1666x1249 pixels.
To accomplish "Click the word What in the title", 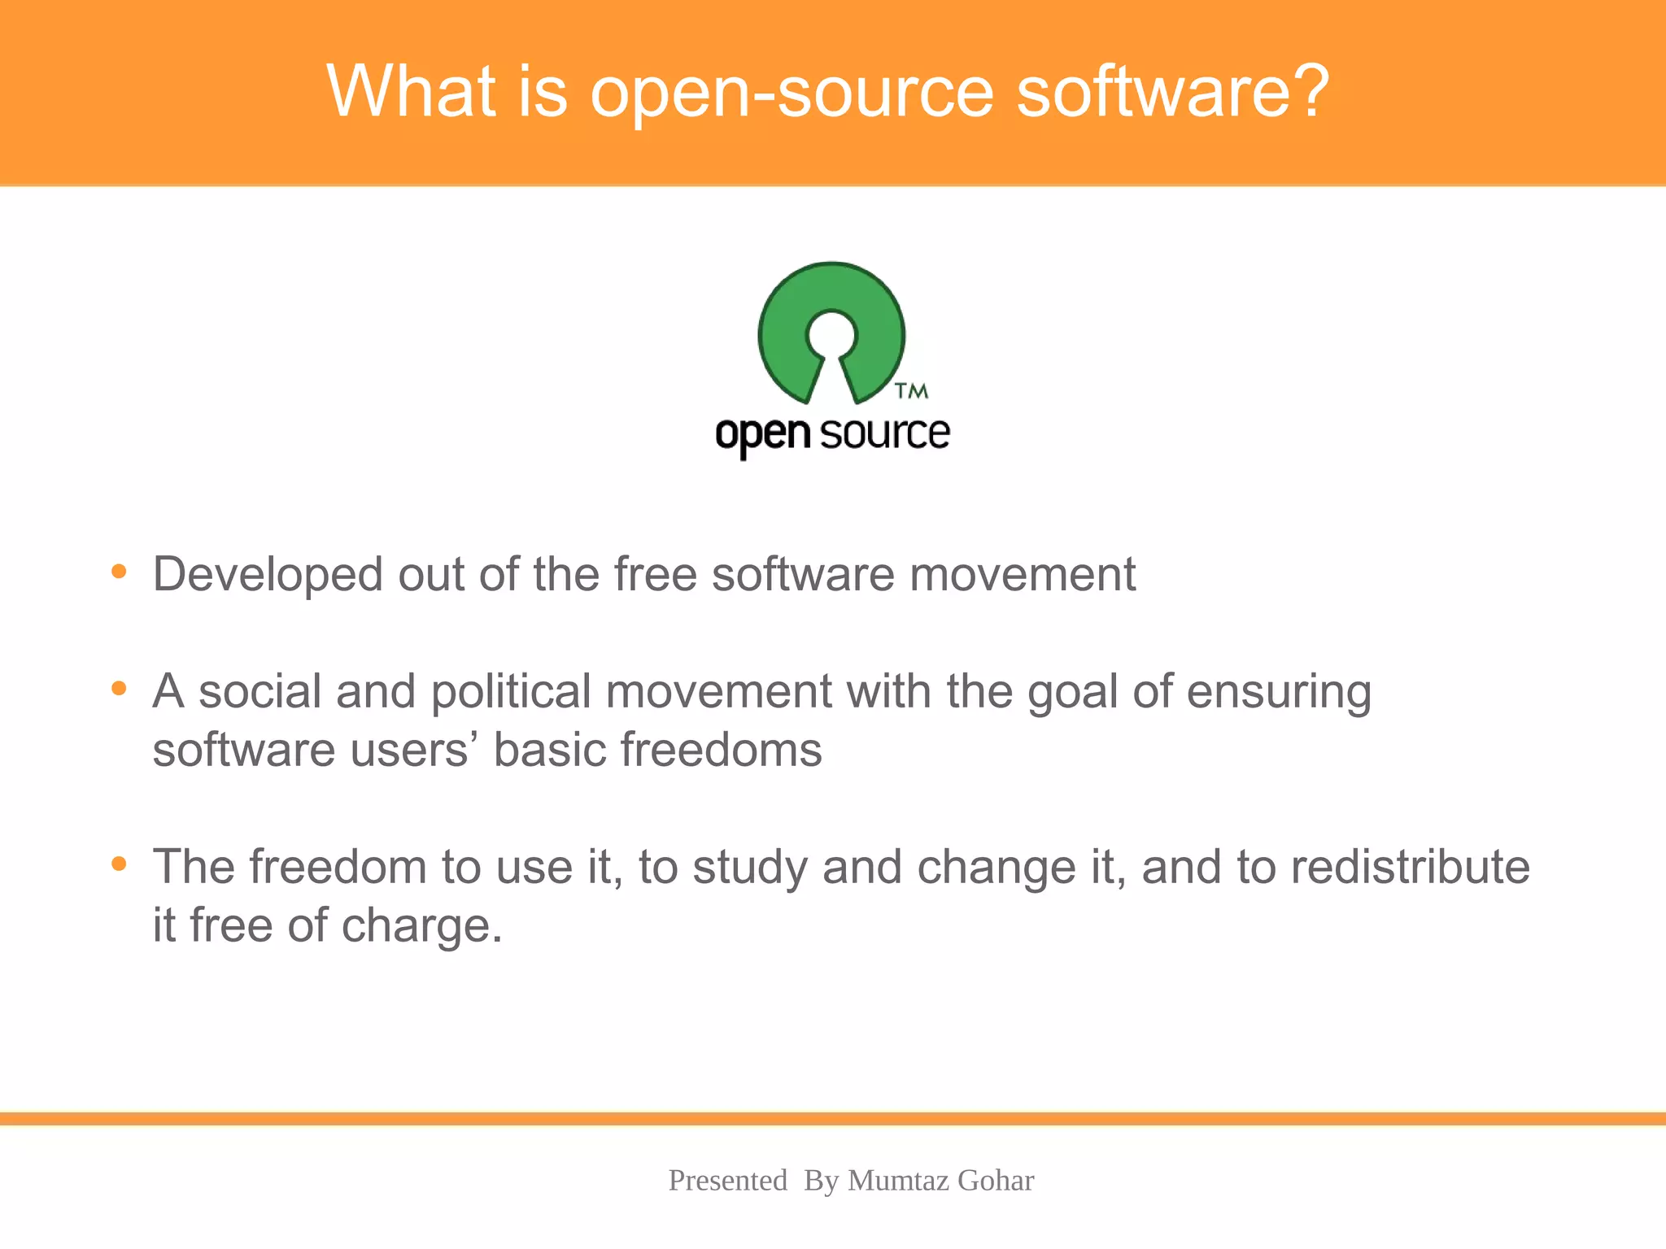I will click(x=411, y=91).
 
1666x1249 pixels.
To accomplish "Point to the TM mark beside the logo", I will click(x=911, y=391).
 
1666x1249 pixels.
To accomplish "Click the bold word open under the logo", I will click(x=762, y=434).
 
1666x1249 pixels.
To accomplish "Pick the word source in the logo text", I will click(x=884, y=433).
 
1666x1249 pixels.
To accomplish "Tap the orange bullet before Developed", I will click(x=119, y=572).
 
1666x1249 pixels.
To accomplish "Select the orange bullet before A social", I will click(x=119, y=689).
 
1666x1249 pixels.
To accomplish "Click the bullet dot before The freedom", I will click(x=119, y=864).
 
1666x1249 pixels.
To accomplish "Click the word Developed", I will click(x=268, y=575).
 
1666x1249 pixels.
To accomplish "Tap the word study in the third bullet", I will click(x=748, y=868).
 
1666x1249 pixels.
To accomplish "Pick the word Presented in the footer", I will click(x=727, y=1180).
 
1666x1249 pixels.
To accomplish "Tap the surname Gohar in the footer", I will click(x=995, y=1180).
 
